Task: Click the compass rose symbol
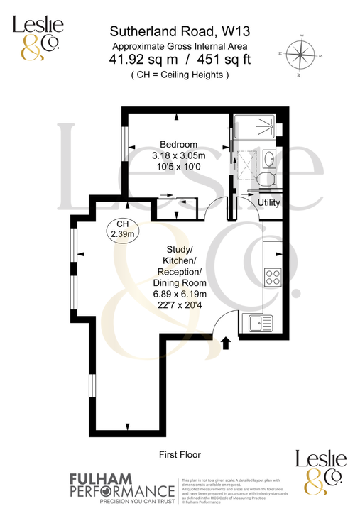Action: pos(303,55)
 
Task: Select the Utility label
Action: pos(269,203)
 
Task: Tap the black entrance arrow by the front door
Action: pos(226,344)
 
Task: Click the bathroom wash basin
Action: pos(269,157)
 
